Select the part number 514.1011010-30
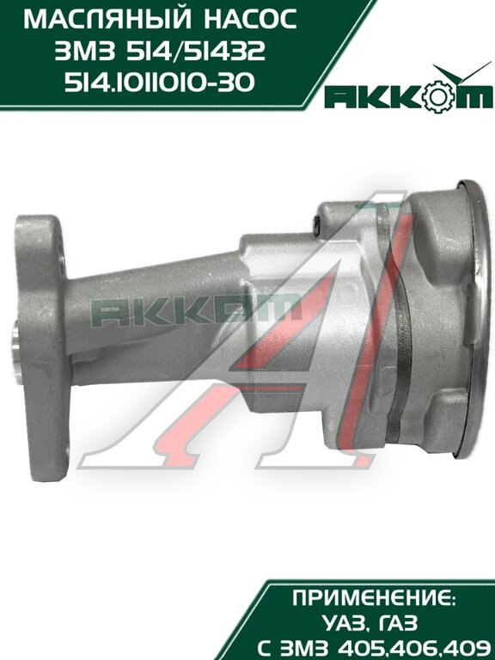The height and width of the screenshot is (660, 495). [160, 82]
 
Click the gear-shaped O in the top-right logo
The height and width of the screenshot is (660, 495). [437, 95]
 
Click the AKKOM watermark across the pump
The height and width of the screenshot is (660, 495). [196, 312]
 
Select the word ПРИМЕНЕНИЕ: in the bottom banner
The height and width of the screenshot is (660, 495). [374, 598]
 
